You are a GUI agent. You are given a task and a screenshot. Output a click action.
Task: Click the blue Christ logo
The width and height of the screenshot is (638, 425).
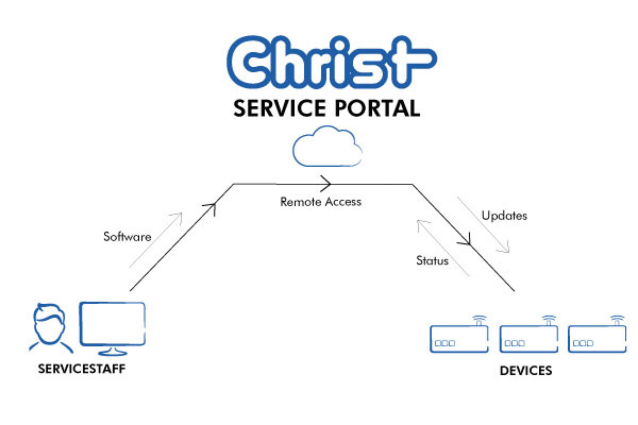(331, 62)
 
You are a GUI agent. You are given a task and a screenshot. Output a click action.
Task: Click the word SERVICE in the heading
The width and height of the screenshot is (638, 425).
(279, 108)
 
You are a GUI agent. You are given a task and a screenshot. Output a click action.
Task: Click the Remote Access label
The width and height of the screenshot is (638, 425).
(321, 202)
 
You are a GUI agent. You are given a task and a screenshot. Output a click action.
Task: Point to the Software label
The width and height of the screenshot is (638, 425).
(127, 237)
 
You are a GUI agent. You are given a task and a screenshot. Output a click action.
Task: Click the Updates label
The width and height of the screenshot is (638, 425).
(504, 216)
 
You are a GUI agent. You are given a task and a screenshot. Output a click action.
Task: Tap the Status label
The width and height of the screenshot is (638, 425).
(432, 261)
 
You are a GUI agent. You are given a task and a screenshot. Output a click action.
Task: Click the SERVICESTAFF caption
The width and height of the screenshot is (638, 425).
(82, 369)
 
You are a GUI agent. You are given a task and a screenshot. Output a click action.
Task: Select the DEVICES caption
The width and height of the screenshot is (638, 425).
(526, 371)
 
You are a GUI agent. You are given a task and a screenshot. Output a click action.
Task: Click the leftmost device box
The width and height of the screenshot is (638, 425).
(459, 339)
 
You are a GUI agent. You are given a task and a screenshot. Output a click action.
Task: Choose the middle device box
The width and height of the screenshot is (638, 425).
(529, 339)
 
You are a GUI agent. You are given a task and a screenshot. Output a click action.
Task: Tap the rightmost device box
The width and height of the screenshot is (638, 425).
(597, 339)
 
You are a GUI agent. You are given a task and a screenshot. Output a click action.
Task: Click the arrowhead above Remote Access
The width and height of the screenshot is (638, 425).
(326, 184)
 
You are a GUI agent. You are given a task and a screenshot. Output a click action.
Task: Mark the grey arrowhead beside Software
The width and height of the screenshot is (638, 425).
(178, 216)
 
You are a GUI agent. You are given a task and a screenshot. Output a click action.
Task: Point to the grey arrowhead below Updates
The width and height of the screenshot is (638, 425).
(505, 249)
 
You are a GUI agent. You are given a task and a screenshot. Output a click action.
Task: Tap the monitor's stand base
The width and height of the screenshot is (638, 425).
(112, 353)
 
